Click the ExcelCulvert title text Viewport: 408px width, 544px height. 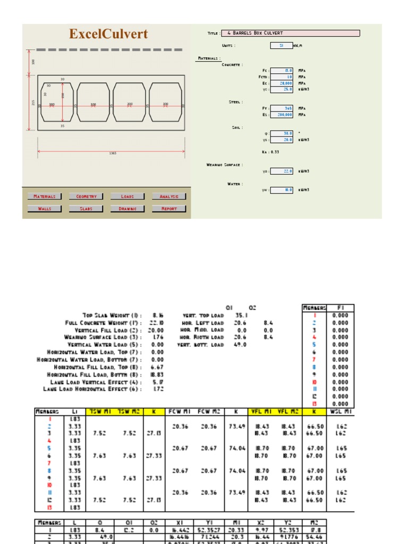(108, 35)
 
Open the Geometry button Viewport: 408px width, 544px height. (86, 197)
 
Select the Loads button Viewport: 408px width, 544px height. (127, 197)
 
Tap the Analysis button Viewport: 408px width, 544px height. (169, 197)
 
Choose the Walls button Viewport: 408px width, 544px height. (45, 209)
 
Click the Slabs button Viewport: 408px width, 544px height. (86, 209)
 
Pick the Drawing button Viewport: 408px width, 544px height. (127, 209)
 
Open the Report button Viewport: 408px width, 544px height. (169, 209)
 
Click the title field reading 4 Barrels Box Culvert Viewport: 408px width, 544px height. (290, 33)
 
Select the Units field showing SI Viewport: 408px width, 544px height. (282, 46)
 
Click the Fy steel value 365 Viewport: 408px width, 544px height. (282, 108)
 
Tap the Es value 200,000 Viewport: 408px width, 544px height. (282, 114)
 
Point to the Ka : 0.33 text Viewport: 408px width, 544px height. (270, 152)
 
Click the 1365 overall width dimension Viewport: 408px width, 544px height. (113, 154)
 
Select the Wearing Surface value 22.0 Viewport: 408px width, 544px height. (282, 171)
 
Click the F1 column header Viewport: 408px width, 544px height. (341, 308)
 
